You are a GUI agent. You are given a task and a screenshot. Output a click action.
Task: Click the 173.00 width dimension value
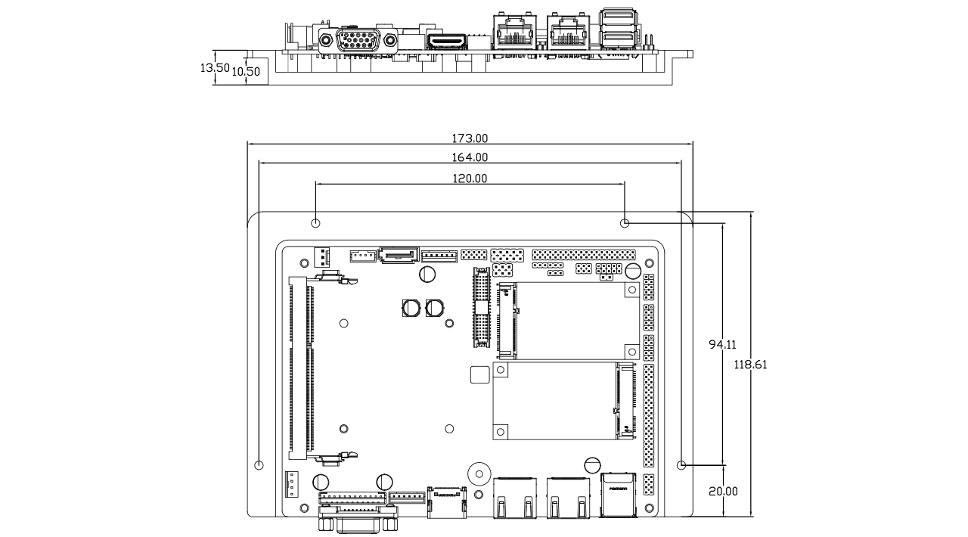(x=470, y=138)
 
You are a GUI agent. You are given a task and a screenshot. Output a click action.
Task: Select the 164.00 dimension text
(x=470, y=157)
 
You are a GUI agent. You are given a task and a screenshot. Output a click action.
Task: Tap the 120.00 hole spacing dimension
(x=470, y=178)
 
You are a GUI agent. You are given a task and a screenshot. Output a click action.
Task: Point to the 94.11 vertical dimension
(x=722, y=344)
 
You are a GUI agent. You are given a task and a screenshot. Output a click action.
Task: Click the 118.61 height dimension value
(x=750, y=364)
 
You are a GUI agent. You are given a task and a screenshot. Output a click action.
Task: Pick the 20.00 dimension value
(x=723, y=491)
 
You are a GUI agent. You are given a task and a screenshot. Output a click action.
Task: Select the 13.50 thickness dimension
(x=214, y=67)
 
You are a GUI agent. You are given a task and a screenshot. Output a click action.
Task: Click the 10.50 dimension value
(x=246, y=72)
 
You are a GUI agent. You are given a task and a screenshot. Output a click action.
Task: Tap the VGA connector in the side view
(x=358, y=40)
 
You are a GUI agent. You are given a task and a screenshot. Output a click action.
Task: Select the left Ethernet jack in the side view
(x=514, y=33)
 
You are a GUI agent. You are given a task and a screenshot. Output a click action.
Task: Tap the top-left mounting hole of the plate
(x=316, y=223)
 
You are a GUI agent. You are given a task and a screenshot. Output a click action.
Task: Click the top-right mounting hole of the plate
(x=625, y=223)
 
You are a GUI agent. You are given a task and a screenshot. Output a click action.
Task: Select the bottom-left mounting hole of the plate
(x=259, y=464)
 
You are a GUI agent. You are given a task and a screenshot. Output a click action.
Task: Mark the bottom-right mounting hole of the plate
(x=681, y=464)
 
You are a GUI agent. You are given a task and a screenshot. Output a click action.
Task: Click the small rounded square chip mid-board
(x=479, y=374)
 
